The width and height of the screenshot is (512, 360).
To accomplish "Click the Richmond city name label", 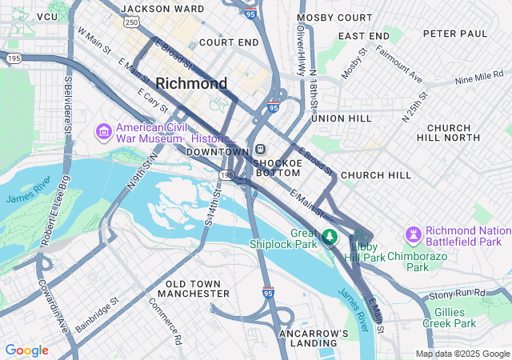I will [x=191, y=83].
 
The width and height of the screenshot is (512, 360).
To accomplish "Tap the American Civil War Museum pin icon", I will [x=103, y=130].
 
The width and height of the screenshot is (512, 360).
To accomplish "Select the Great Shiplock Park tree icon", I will [x=330, y=238].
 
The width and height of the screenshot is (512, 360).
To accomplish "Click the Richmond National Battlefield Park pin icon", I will [x=413, y=235].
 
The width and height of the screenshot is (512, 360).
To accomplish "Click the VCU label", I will [x=47, y=16].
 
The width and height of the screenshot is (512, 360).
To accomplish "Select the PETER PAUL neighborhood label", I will [x=454, y=34].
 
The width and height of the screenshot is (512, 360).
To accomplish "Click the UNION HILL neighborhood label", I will [x=342, y=118].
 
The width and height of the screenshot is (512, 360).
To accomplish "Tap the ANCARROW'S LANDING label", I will [x=314, y=338].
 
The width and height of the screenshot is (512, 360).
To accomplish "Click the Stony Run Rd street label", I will [x=458, y=294].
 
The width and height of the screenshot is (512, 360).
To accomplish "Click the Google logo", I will [x=26, y=350].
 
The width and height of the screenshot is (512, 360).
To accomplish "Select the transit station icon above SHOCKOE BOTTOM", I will [x=261, y=150].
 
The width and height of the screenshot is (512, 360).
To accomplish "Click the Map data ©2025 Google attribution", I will [x=462, y=354].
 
